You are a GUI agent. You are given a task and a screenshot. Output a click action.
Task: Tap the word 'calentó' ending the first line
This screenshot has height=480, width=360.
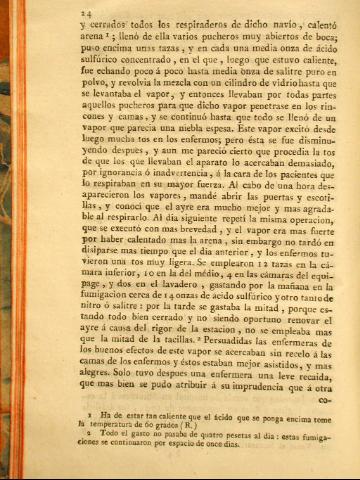pos(307,22)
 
